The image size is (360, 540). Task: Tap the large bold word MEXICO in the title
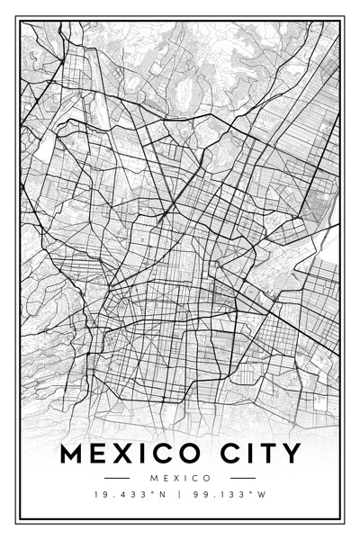coord(126,453)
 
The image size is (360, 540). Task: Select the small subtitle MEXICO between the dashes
coord(180,478)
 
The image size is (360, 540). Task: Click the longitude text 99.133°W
coord(229,494)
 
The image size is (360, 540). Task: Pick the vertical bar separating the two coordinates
coord(180,494)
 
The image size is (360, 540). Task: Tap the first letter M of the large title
coord(71,453)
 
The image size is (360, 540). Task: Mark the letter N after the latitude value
coord(163,494)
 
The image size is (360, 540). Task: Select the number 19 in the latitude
coord(99,494)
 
